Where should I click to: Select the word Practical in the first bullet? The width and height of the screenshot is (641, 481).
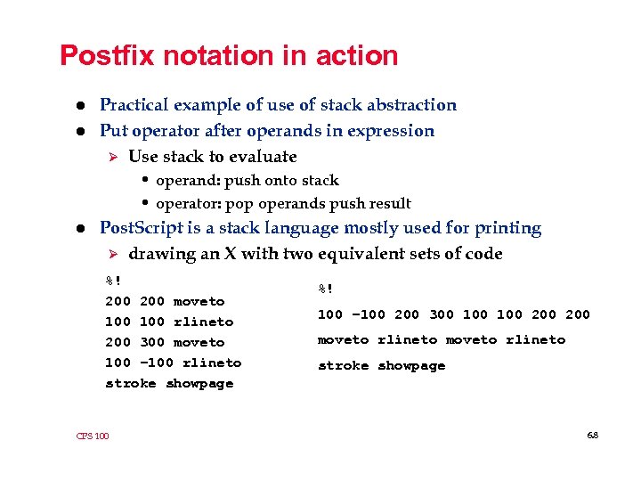pyautogui.click(x=135, y=105)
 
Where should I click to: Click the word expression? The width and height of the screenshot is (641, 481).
pyautogui.click(x=393, y=131)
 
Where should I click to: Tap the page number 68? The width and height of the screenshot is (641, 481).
pyautogui.click(x=593, y=436)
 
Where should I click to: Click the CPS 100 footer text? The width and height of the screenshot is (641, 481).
pyautogui.click(x=93, y=436)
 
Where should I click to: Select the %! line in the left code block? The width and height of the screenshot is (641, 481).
pyautogui.click(x=113, y=281)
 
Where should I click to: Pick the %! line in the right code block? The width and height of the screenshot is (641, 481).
pyautogui.click(x=326, y=288)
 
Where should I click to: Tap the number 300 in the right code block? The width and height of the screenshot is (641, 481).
pyautogui.click(x=441, y=314)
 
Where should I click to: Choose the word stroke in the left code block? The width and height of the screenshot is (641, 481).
pyautogui.click(x=131, y=383)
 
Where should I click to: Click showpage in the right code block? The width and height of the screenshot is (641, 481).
pyautogui.click(x=411, y=365)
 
